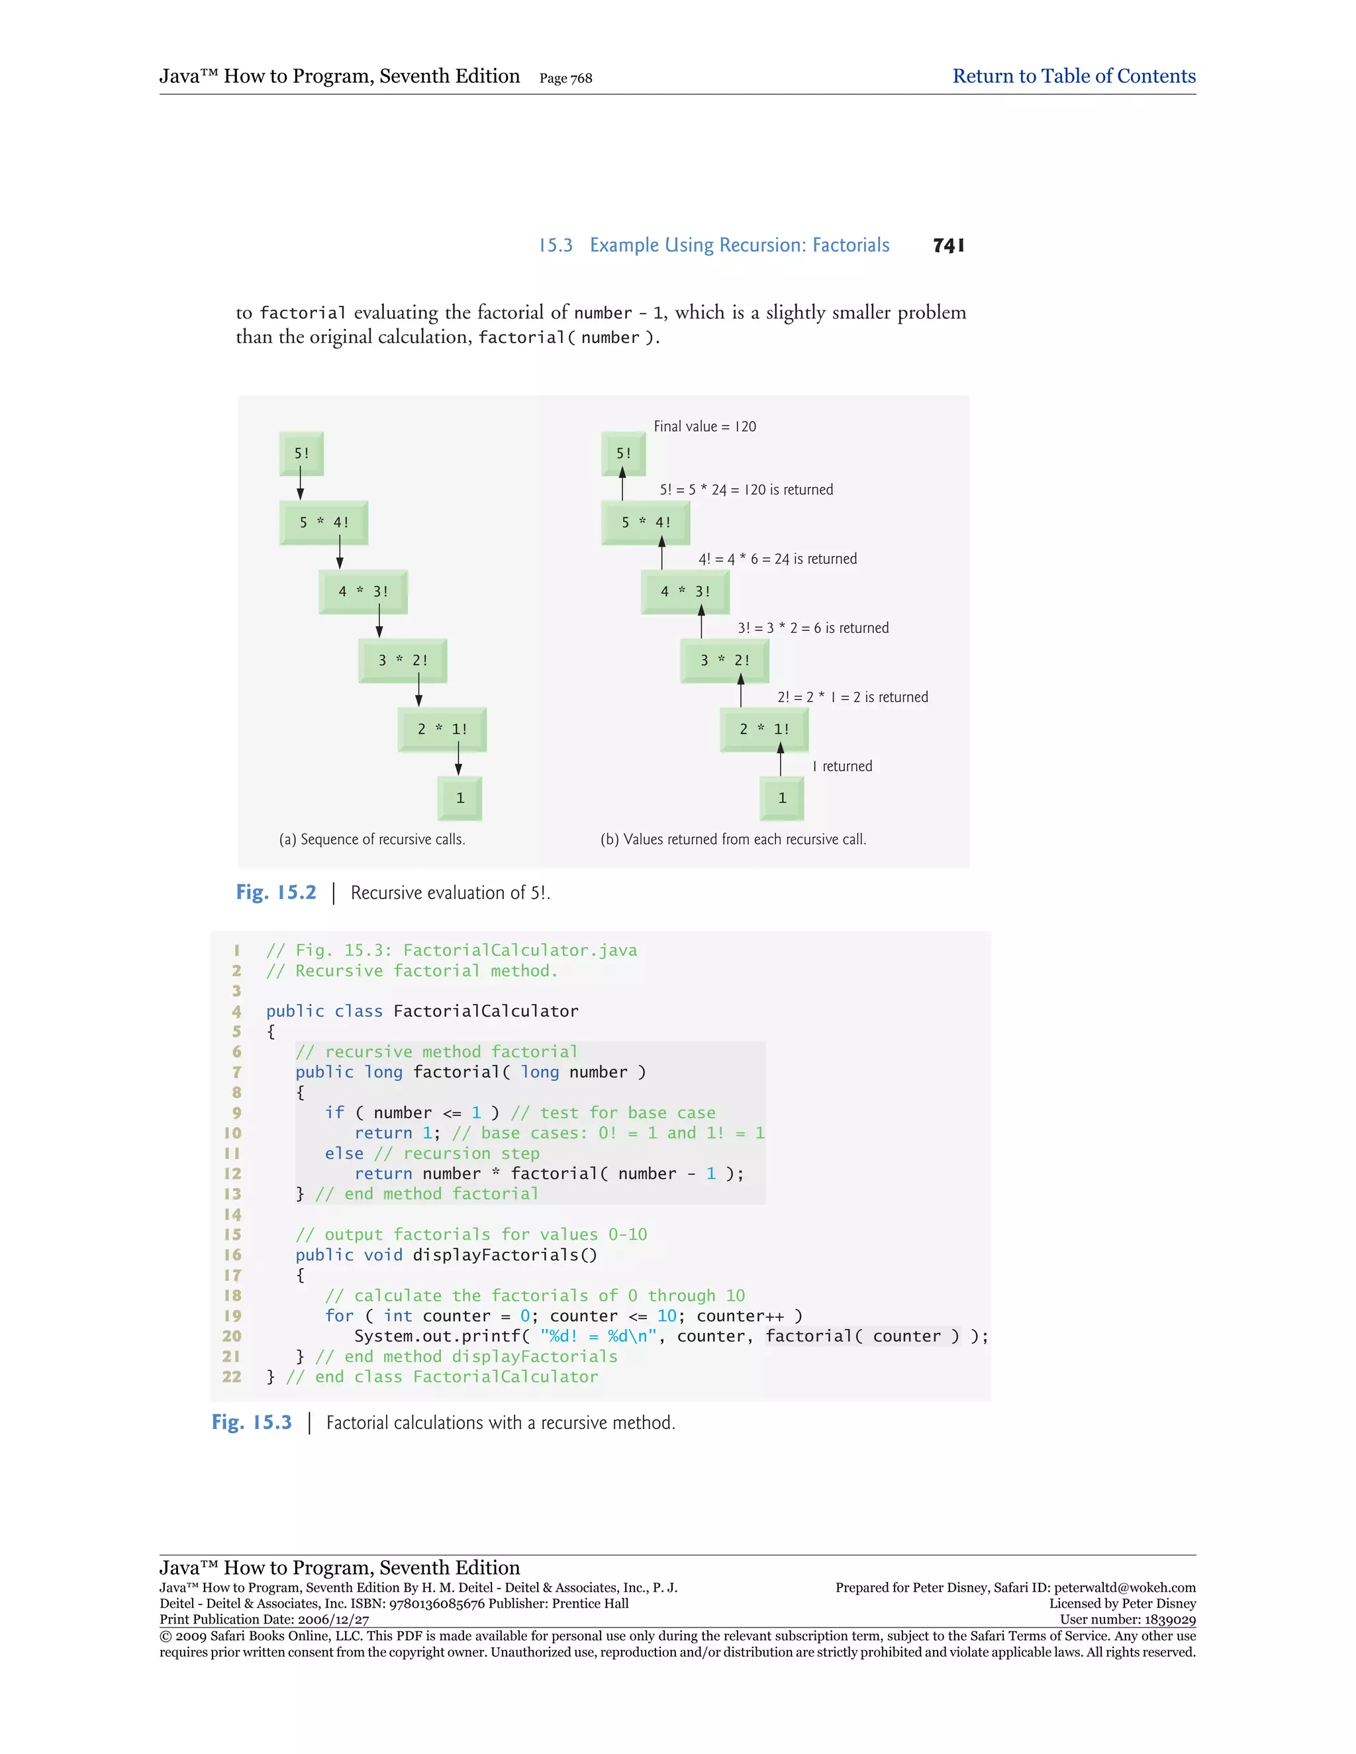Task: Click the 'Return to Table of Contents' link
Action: (x=1073, y=76)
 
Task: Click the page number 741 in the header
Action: (x=949, y=246)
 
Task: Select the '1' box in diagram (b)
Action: (x=782, y=798)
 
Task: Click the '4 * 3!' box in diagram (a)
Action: (x=363, y=592)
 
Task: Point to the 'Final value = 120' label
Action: (x=704, y=426)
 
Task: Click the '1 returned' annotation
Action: (x=842, y=766)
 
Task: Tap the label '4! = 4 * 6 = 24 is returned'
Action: (x=777, y=559)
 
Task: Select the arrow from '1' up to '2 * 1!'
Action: (x=780, y=759)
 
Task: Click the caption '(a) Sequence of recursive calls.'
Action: (x=372, y=839)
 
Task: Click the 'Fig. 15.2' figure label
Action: (x=275, y=892)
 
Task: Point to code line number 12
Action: (x=232, y=1174)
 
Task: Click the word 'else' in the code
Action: (x=344, y=1153)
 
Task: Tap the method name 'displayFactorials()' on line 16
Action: (x=505, y=1254)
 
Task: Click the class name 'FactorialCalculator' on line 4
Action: (x=485, y=1011)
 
